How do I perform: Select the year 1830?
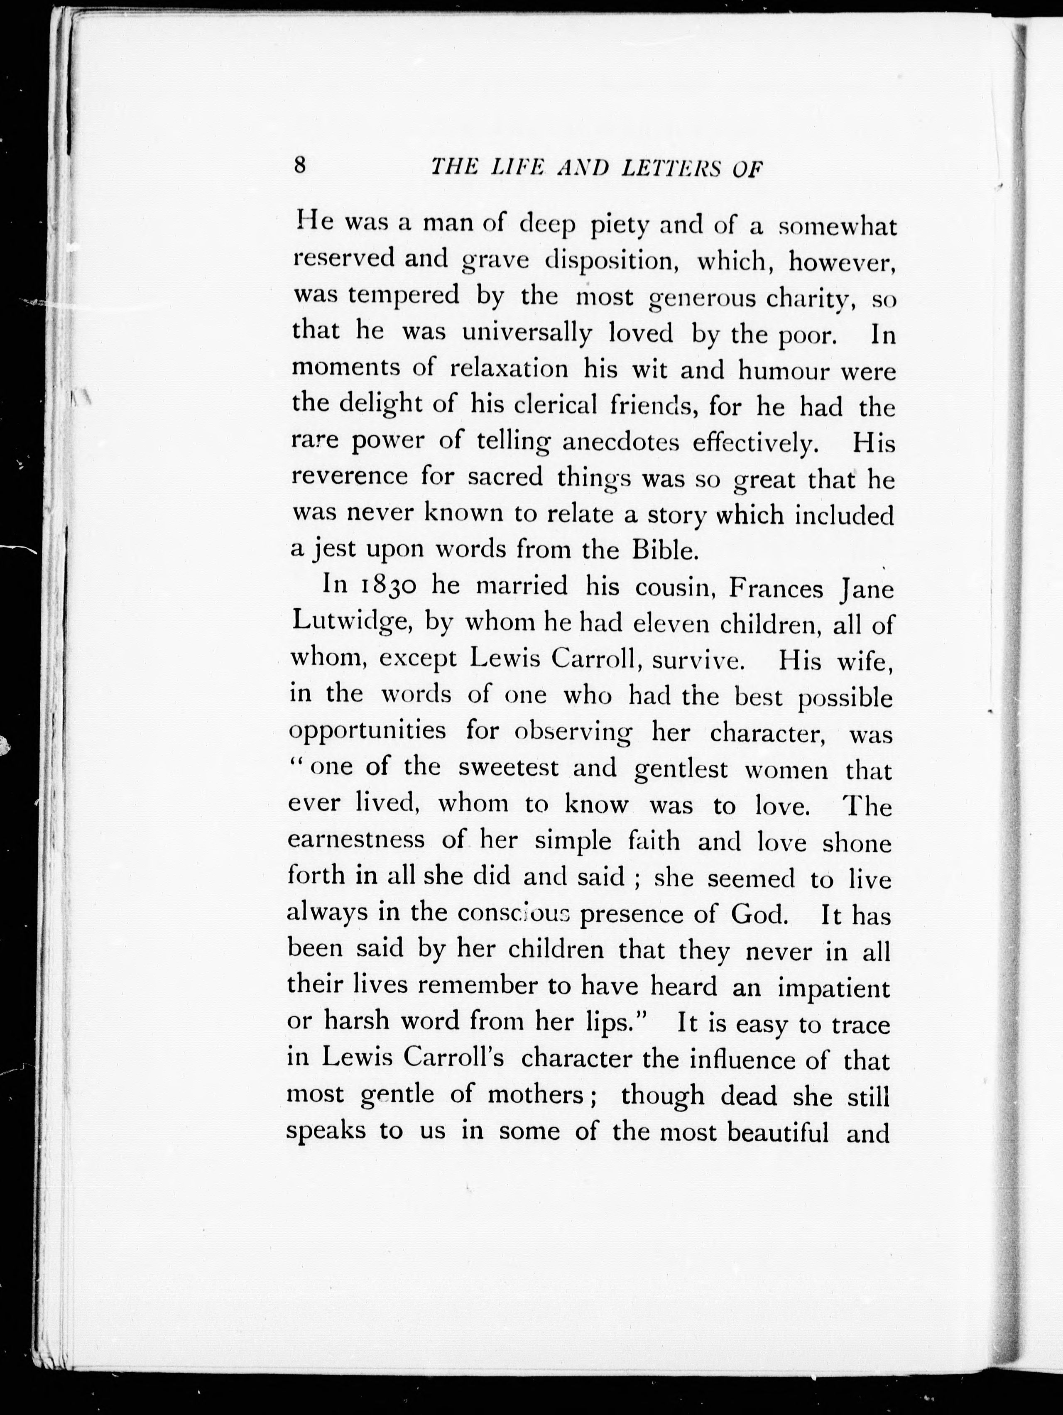coord(389,586)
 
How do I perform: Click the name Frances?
coord(776,588)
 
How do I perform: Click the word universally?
coord(527,333)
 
